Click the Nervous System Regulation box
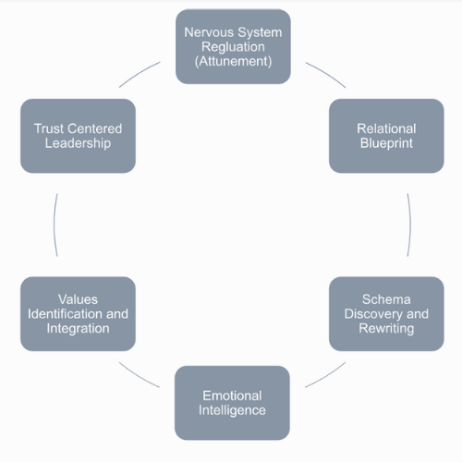tap(233, 46)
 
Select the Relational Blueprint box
tap(386, 136)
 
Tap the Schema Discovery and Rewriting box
tap(386, 314)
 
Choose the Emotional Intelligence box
tap(232, 403)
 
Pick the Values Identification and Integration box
tap(78, 314)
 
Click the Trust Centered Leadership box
tap(78, 136)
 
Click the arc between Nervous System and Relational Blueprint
tap(327, 73)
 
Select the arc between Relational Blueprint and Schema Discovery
tap(410, 225)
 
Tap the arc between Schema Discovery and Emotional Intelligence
tap(326, 377)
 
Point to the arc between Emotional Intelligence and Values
tap(139, 376)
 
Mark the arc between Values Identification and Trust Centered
tap(55, 225)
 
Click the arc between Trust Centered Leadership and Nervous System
tap(139, 73)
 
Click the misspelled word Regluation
tap(233, 47)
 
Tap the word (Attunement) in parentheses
tap(233, 61)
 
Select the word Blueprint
tap(386, 143)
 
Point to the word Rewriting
tap(386, 328)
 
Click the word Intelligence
tap(232, 410)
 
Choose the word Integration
tap(78, 328)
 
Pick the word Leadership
tap(78, 143)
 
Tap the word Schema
tap(386, 299)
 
